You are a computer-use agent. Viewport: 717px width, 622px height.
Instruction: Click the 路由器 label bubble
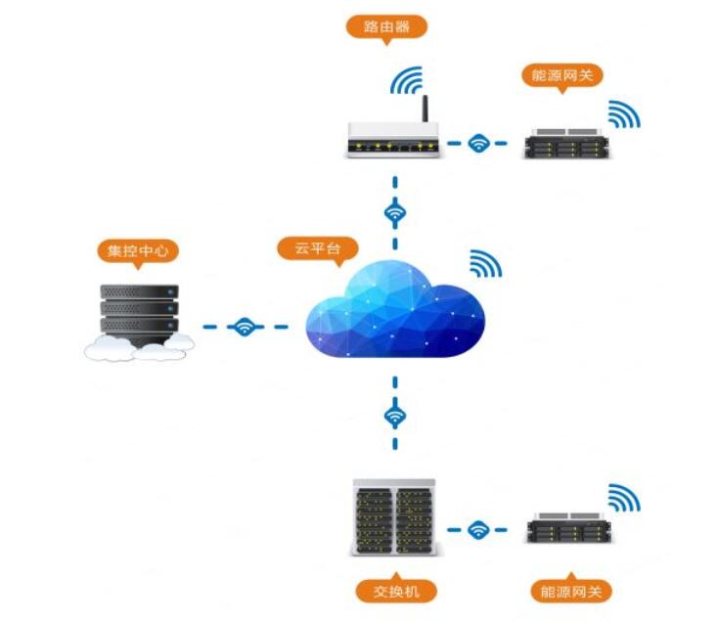coord(386,25)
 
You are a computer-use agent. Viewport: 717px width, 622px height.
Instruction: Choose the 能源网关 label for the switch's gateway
coord(570,591)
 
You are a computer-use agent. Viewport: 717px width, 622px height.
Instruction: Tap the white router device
coord(391,141)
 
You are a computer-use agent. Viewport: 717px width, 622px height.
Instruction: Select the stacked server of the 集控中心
coord(140,313)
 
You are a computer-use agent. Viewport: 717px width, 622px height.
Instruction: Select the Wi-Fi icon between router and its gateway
coord(478,143)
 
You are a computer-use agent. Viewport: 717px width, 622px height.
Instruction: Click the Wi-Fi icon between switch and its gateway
coord(478,529)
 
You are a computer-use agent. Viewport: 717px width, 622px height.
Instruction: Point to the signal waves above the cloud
coord(484,263)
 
